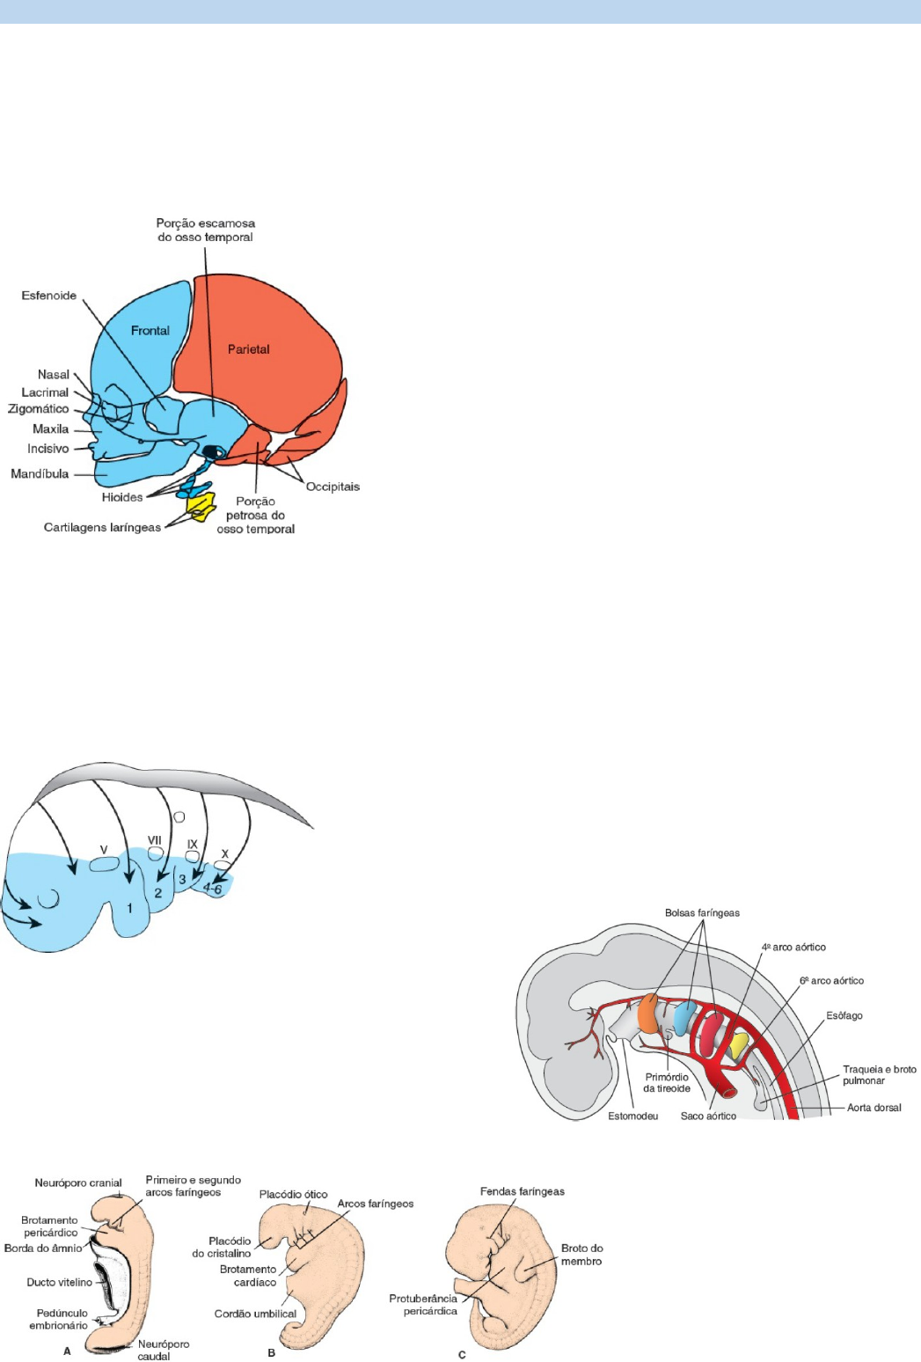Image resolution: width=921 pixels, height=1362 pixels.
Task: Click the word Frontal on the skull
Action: coord(150,331)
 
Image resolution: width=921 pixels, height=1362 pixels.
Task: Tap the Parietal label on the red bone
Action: coord(249,349)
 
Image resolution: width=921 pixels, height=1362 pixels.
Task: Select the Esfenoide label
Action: coord(49,296)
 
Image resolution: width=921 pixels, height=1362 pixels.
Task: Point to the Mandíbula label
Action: coord(40,473)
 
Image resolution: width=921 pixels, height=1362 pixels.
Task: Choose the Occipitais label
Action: coord(333,487)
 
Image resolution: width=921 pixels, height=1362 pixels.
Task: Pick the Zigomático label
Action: coord(39,408)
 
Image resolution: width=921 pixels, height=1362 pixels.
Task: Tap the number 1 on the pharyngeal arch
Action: coord(129,908)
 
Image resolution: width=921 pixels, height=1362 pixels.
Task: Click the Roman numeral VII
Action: coord(155,840)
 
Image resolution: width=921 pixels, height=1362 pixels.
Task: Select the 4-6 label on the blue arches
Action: coord(213,889)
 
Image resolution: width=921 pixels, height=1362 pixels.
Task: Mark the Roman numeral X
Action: coord(225,854)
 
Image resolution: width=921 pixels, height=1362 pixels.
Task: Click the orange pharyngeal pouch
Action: coord(648,1014)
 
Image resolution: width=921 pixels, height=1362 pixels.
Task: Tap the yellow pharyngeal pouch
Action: coord(739,1046)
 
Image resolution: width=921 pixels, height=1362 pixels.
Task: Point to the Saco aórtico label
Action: coord(708,1117)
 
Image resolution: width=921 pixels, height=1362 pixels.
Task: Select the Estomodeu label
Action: coord(632,1117)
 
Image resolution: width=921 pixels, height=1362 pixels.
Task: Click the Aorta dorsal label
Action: coord(874,1108)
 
